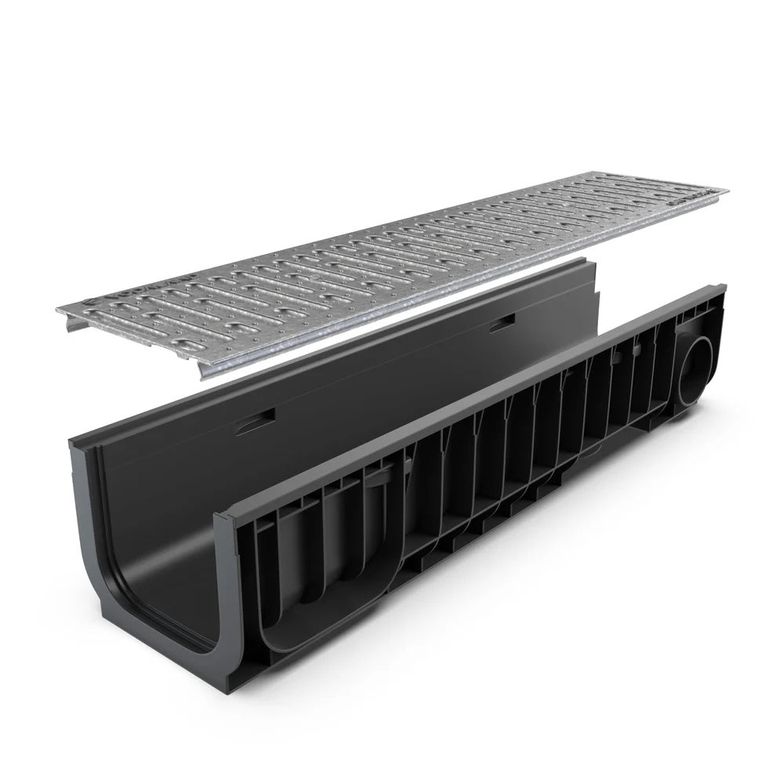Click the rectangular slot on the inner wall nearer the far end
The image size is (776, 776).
tap(502, 322)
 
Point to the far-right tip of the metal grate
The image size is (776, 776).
tap(726, 190)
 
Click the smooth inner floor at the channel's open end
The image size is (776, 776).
tap(157, 596)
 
